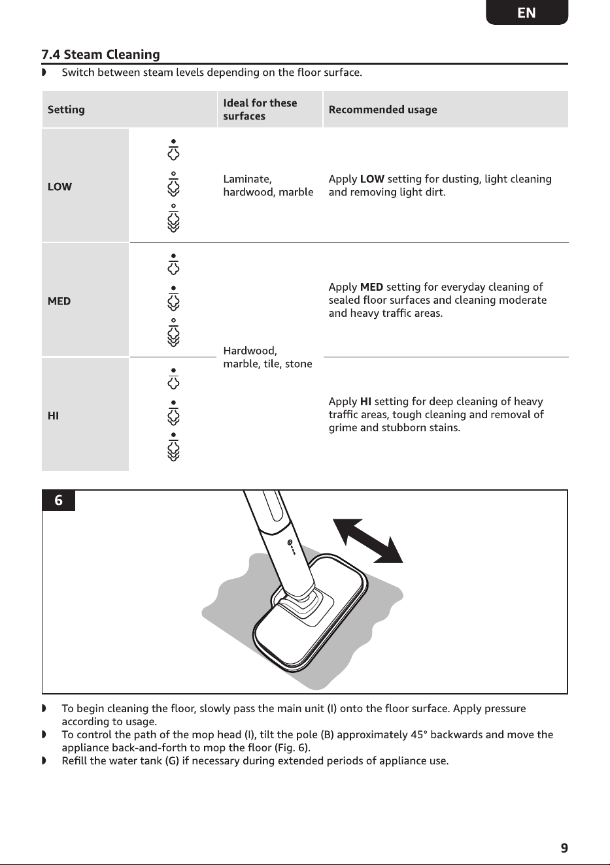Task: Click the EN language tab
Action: pyautogui.click(x=526, y=12)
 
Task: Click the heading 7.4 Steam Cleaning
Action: pyautogui.click(x=101, y=54)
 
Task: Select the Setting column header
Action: pyautogui.click(x=66, y=110)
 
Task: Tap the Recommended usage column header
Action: pyautogui.click(x=382, y=110)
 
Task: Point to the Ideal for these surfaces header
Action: pyautogui.click(x=260, y=110)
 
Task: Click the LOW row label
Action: pyautogui.click(x=59, y=187)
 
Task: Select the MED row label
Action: pyautogui.click(x=59, y=301)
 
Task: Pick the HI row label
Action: pyautogui.click(x=53, y=416)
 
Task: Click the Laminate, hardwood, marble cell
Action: pyautogui.click(x=268, y=186)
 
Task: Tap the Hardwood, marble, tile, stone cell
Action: pyautogui.click(x=267, y=357)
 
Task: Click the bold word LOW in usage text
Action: pyautogui.click(x=372, y=179)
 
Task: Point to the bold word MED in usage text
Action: pyautogui.click(x=371, y=287)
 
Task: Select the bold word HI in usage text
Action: pyautogui.click(x=365, y=402)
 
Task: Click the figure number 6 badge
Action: pyautogui.click(x=58, y=500)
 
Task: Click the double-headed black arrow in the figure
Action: pyautogui.click(x=368, y=541)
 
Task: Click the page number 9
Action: pyautogui.click(x=564, y=848)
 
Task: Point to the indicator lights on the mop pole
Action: pyautogui.click(x=292, y=547)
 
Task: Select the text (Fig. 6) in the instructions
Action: pyautogui.click(x=292, y=747)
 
